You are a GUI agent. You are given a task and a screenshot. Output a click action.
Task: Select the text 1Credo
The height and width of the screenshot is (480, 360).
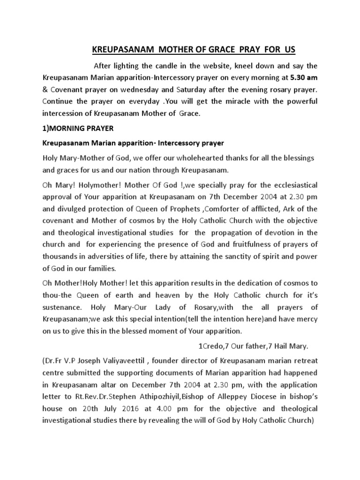point(208,346)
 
